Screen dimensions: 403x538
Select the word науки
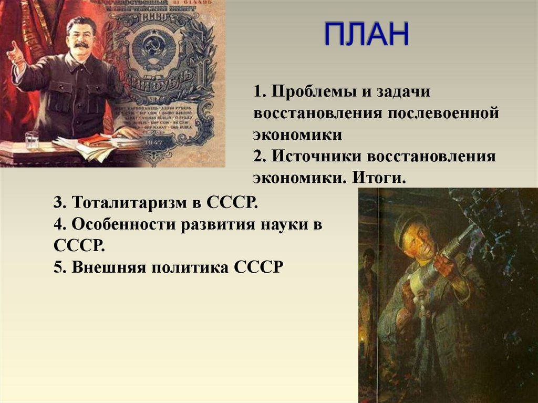pos(284,224)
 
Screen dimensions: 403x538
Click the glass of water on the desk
pos(32,139)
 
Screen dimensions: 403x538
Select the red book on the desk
pos(95,139)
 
